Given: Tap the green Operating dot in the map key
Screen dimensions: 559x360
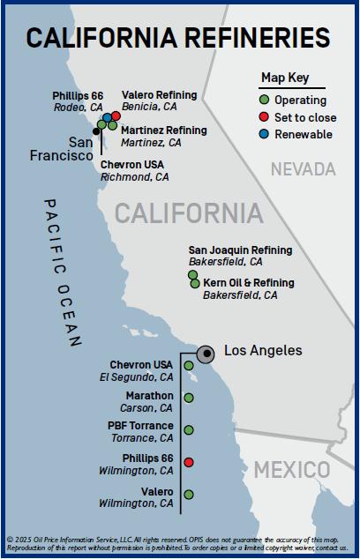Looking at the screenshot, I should pyautogui.click(x=265, y=100).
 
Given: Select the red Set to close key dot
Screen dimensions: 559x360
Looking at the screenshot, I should pyautogui.click(x=265, y=117).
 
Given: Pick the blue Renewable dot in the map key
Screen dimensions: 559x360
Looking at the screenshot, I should pyautogui.click(x=265, y=134).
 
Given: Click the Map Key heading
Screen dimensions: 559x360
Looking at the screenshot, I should pyautogui.click(x=285, y=77).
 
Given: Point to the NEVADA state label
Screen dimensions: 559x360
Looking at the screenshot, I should pyautogui.click(x=304, y=168).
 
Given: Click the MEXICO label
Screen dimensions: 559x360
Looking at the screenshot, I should pyautogui.click(x=289, y=469).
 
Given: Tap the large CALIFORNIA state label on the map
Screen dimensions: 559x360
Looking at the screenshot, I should pyautogui.click(x=189, y=213).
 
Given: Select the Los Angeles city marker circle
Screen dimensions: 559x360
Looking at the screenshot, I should pyautogui.click(x=206, y=354).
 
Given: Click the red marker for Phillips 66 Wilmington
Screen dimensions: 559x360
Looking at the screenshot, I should pyautogui.click(x=189, y=463).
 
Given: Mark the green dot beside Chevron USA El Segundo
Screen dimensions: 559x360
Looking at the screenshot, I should pyautogui.click(x=189, y=365).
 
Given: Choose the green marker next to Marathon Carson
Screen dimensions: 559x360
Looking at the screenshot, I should pyautogui.click(x=189, y=398).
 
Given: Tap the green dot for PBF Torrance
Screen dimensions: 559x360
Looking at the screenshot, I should pyautogui.click(x=189, y=430).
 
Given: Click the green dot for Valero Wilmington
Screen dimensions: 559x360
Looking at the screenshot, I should pyautogui.click(x=189, y=496).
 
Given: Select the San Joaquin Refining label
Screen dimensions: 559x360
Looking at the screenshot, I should pyautogui.click(x=234, y=250).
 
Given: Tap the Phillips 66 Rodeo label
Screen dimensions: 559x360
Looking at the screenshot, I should pyautogui.click(x=78, y=94).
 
